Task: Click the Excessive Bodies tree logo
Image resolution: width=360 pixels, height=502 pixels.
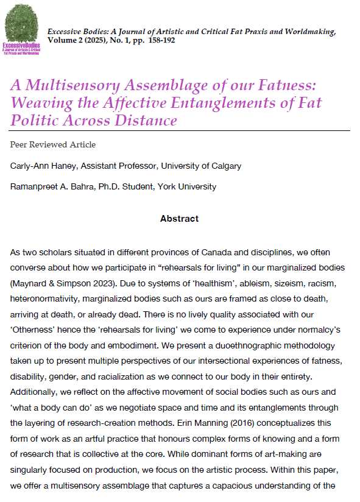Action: click(21, 30)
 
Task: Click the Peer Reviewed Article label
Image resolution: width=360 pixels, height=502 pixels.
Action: click(53, 145)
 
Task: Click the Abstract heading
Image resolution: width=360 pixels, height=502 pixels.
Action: click(179, 218)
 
